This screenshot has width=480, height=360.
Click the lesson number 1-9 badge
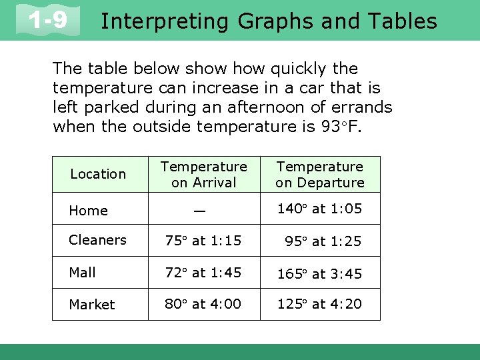[x=49, y=20]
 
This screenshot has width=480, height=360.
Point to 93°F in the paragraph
[x=340, y=125]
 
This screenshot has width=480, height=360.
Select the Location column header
[x=98, y=174]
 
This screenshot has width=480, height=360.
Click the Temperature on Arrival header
[x=203, y=174]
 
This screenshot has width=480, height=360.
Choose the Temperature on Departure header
[x=320, y=174]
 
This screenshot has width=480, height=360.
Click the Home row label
[x=89, y=211]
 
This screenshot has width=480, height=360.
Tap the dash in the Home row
[x=198, y=210]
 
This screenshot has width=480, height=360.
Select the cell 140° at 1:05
[x=319, y=209]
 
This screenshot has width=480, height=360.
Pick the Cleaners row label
[x=97, y=240]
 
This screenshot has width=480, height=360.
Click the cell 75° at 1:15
[x=203, y=241]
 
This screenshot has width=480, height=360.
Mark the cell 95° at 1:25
[x=323, y=241]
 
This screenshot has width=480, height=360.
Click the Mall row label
[x=83, y=272]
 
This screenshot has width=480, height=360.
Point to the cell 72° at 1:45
[x=203, y=272]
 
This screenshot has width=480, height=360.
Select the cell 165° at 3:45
[x=319, y=273]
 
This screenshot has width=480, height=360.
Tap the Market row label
[x=92, y=305]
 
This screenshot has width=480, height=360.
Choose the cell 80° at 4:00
[x=203, y=304]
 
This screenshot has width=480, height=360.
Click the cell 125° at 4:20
[x=319, y=304]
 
